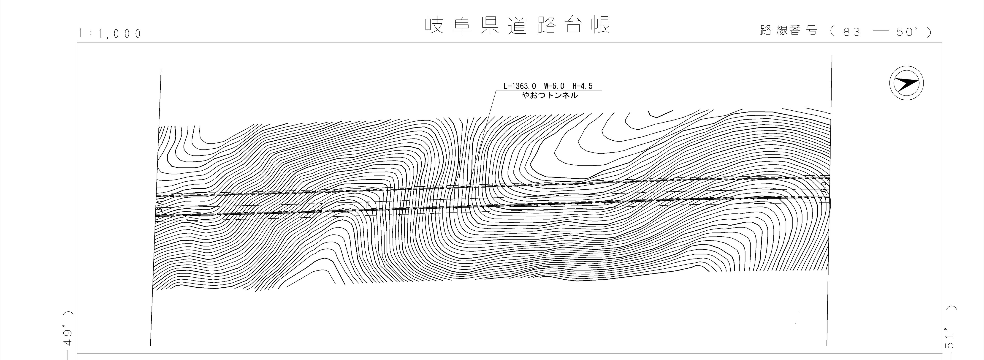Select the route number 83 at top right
852,32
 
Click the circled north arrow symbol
906,83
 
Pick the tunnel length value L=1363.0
520,86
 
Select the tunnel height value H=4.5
583,86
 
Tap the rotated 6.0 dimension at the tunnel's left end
160,206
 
